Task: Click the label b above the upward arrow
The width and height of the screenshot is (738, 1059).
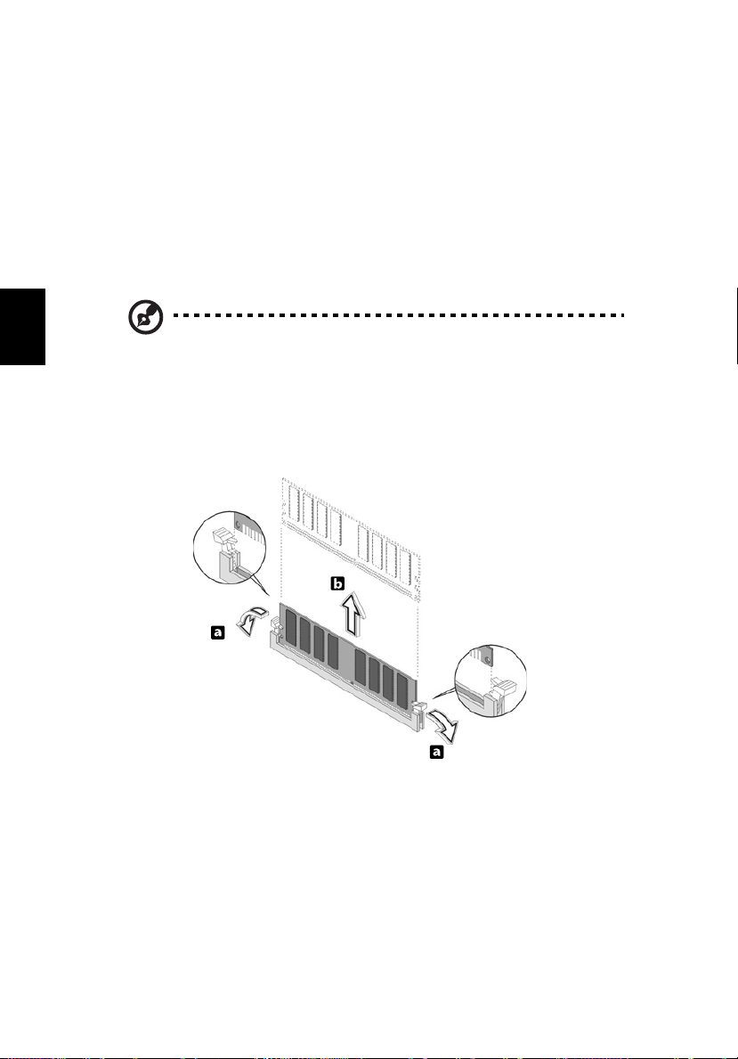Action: [337, 584]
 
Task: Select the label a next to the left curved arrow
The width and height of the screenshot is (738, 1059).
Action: [215, 631]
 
